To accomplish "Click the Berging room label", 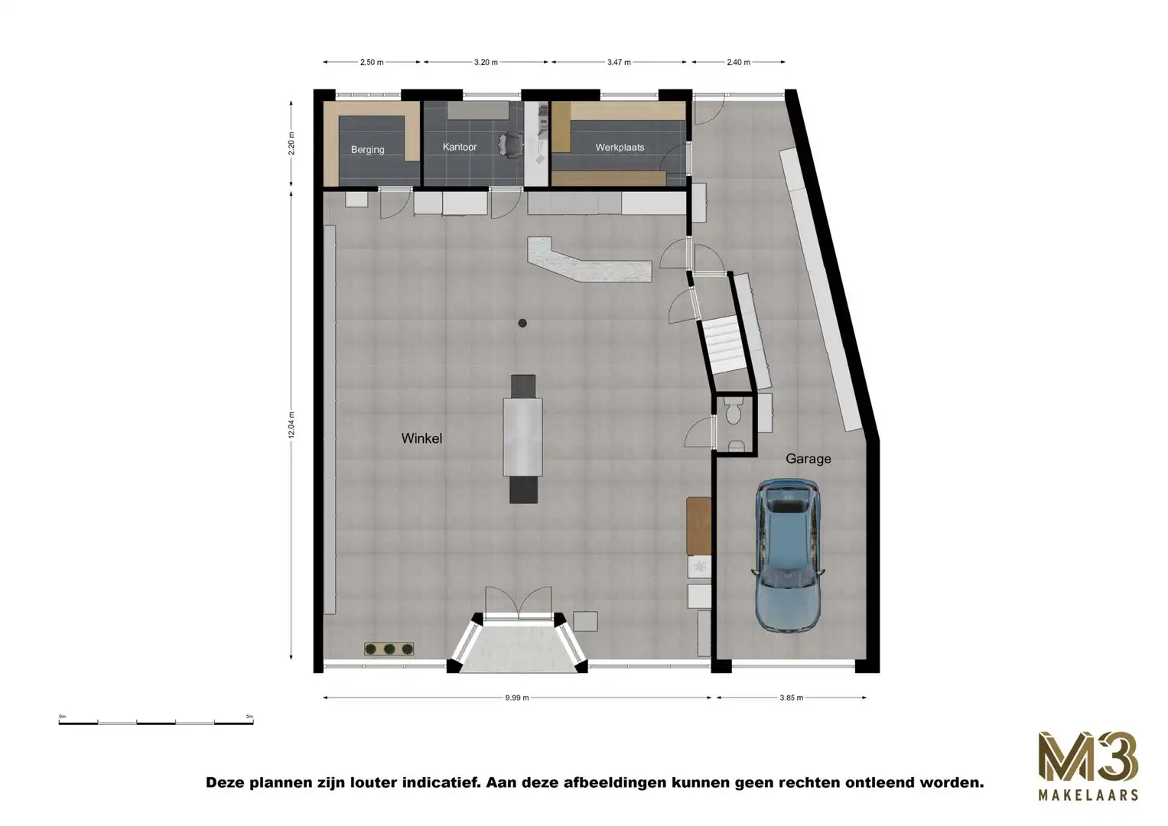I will pyautogui.click(x=367, y=150).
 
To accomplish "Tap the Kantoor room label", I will pyautogui.click(x=460, y=147).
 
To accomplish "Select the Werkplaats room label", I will pyautogui.click(x=620, y=148).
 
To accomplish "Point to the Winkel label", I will pyautogui.click(x=421, y=439).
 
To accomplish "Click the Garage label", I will pyautogui.click(x=808, y=459).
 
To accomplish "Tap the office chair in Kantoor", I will pyautogui.click(x=509, y=143).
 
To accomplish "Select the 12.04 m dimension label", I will pyautogui.click(x=291, y=425).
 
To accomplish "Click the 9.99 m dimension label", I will pyautogui.click(x=517, y=698).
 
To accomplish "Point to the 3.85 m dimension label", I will pyautogui.click(x=791, y=698).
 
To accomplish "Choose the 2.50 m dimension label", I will pyautogui.click(x=372, y=63).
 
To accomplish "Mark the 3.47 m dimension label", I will pyautogui.click(x=619, y=63).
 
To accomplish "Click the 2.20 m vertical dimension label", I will pyautogui.click(x=291, y=143).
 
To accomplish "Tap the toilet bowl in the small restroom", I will pyautogui.click(x=733, y=414).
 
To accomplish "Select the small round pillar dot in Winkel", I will pyautogui.click(x=522, y=324).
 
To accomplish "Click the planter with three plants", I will pyautogui.click(x=389, y=649).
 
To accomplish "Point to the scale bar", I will pyautogui.click(x=156, y=720).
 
